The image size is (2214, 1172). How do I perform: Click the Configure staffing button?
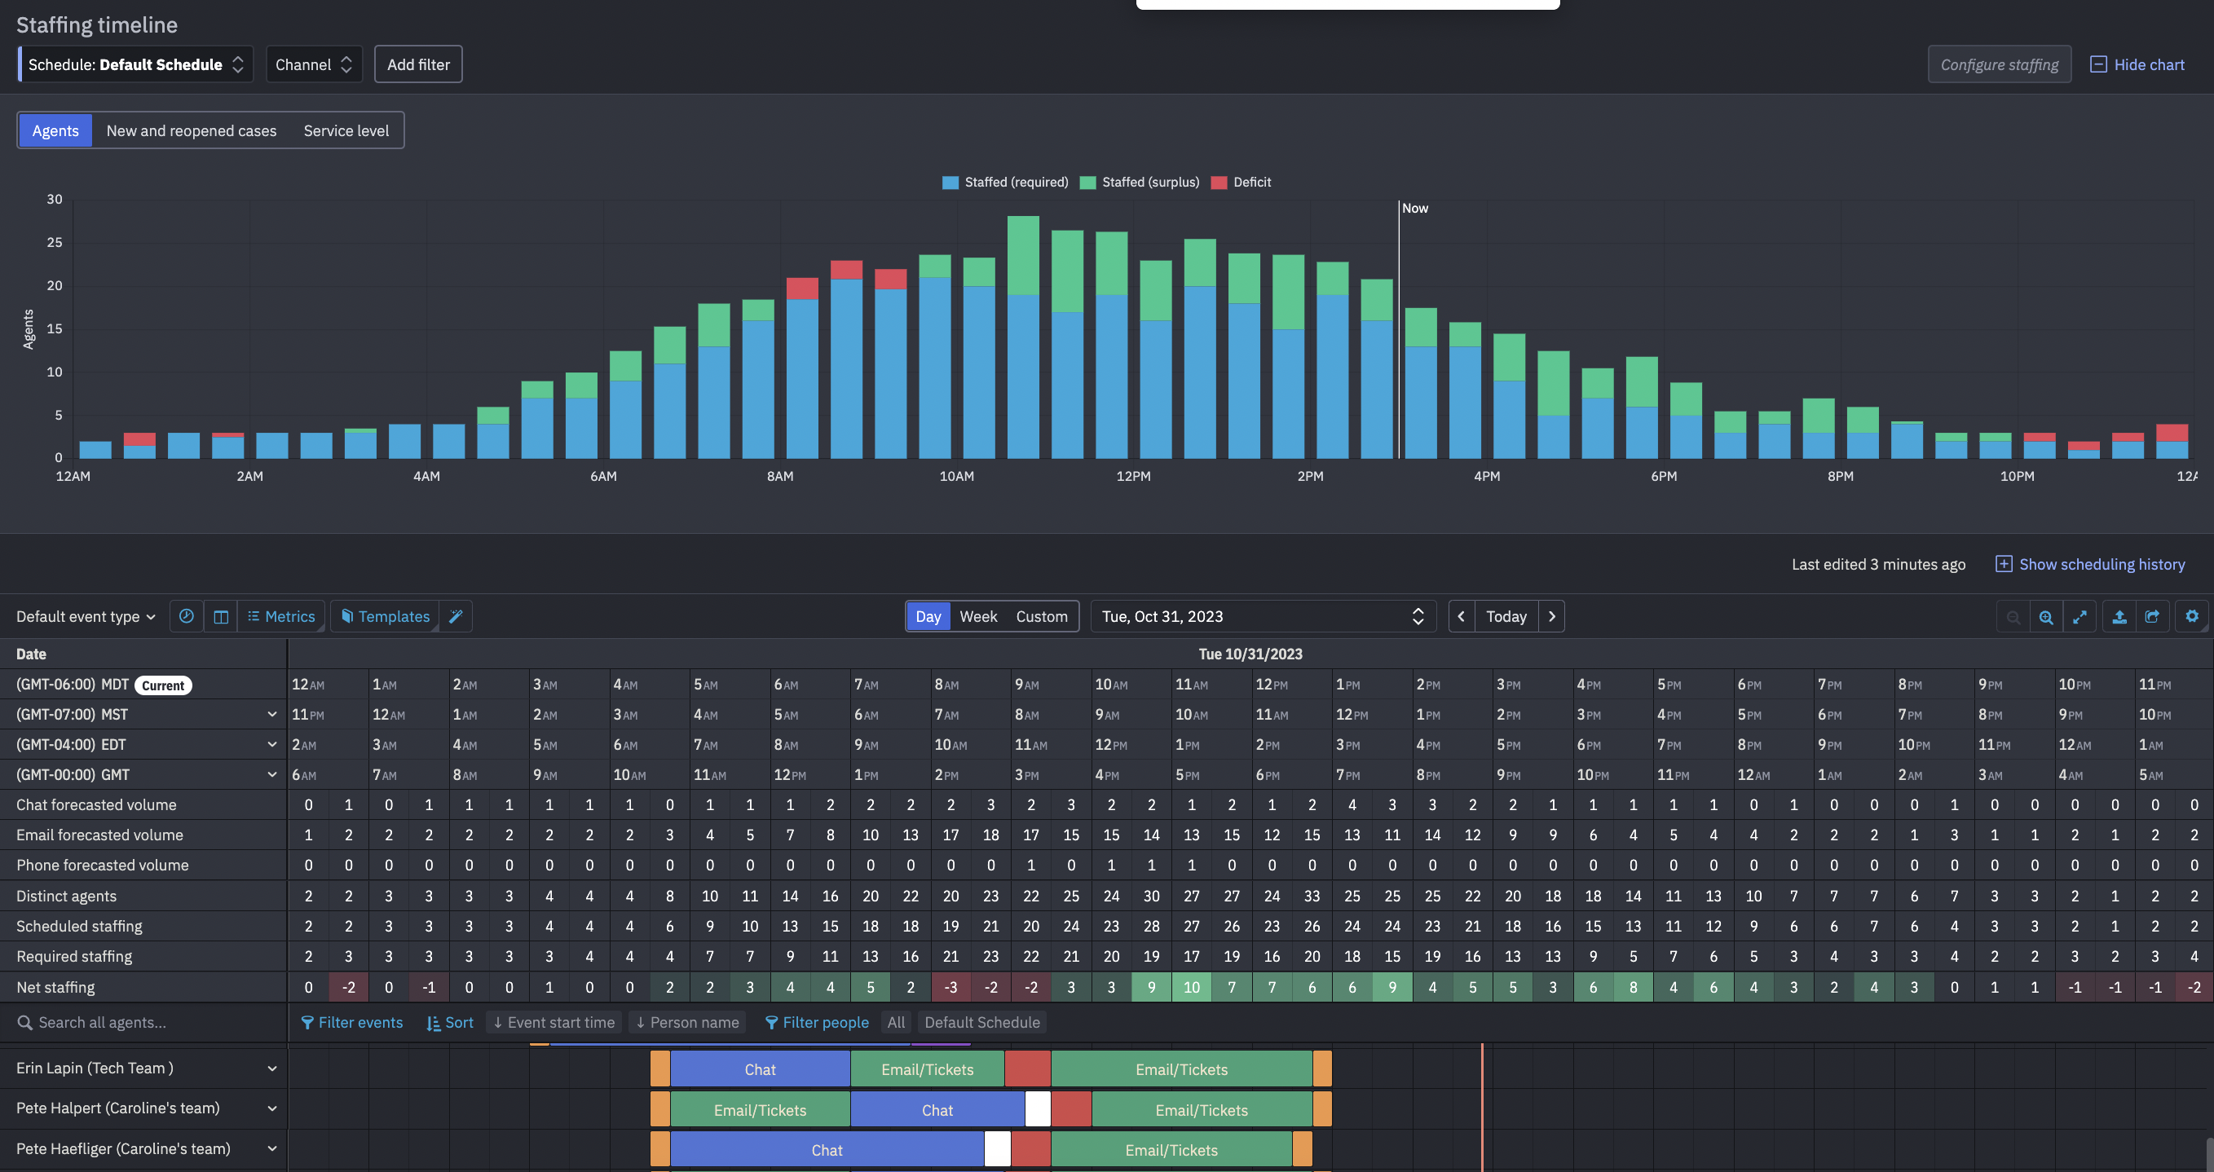[x=1998, y=64]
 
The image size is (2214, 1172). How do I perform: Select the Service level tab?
[x=346, y=130]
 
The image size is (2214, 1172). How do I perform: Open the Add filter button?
[x=417, y=64]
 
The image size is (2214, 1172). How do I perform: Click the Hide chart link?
[x=2137, y=64]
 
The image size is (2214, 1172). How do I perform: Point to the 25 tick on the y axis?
[x=54, y=242]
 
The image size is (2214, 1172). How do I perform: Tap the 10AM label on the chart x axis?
[x=955, y=476]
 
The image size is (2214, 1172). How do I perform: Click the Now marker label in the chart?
[x=1414, y=208]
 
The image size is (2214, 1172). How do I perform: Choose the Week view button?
[x=977, y=616]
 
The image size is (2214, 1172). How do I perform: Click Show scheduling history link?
[x=2101, y=564]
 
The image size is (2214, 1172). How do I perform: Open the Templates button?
[x=385, y=616]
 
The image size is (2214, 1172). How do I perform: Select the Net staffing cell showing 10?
[x=1190, y=987]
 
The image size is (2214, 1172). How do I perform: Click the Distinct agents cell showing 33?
[x=1311, y=897]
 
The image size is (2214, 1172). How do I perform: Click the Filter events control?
[x=351, y=1023]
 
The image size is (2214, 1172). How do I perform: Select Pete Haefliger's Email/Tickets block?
[x=1171, y=1151]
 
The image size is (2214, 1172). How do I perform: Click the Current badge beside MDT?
[x=162, y=685]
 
